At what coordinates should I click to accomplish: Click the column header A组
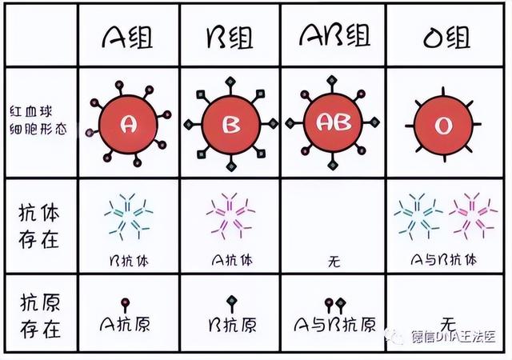[128, 37]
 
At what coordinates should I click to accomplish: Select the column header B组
[230, 38]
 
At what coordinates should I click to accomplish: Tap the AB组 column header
[334, 34]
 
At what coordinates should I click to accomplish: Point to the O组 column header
[446, 37]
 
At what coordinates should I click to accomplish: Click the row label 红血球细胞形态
[38, 120]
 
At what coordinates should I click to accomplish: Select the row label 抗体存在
[39, 226]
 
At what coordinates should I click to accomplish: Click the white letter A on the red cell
[129, 125]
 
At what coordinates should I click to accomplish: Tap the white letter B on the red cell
[231, 125]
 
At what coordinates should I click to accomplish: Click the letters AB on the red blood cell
[334, 122]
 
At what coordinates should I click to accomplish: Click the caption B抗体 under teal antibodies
[129, 261]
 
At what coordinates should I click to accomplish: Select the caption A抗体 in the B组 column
[232, 260]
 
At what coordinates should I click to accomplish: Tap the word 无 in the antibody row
[334, 262]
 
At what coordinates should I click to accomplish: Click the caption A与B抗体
[444, 260]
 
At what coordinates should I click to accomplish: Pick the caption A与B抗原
[335, 324]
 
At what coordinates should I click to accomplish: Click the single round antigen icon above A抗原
[125, 305]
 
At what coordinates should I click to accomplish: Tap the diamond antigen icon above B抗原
[232, 304]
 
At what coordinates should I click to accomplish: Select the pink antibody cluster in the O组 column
[473, 216]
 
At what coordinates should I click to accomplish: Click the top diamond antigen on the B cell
[230, 82]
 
